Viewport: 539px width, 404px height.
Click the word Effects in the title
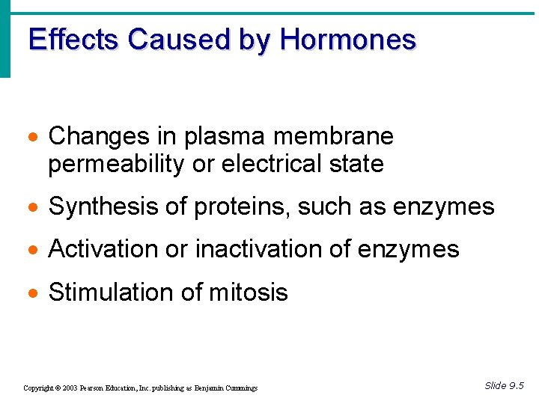click(x=74, y=40)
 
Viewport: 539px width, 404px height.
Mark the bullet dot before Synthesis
click(x=34, y=207)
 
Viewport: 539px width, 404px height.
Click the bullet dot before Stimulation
click(x=34, y=293)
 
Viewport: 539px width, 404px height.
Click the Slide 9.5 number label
click(x=504, y=386)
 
